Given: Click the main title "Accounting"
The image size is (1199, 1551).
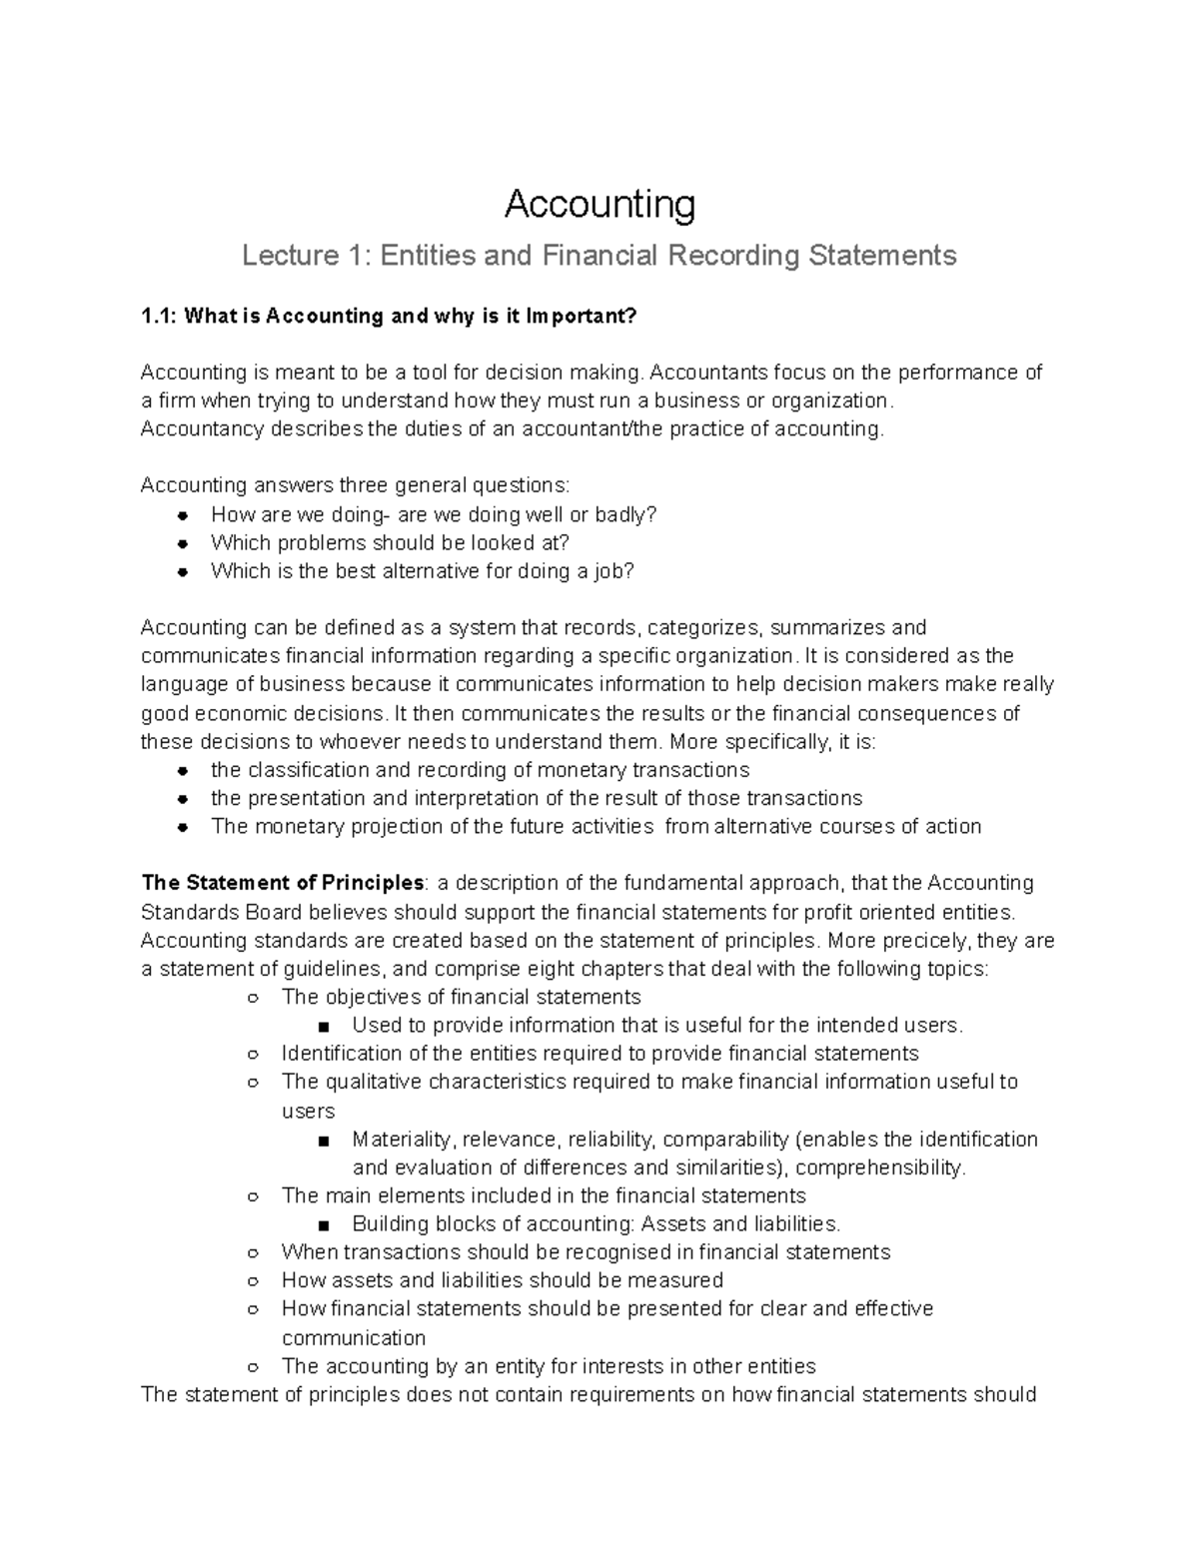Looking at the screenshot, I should [599, 204].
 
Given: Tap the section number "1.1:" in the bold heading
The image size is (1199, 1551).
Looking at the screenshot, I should [160, 316].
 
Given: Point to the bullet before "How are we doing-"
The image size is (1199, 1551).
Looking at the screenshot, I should [183, 515].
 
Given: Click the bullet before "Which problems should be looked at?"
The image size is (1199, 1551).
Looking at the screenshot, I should [183, 543].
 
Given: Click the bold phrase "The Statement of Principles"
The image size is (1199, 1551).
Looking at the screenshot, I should [283, 883].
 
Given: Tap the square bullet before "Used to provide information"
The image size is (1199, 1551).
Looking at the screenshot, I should [322, 1026].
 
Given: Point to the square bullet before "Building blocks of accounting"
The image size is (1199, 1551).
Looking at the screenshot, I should [322, 1224].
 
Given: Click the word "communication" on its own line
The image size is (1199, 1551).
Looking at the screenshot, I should [354, 1337].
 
